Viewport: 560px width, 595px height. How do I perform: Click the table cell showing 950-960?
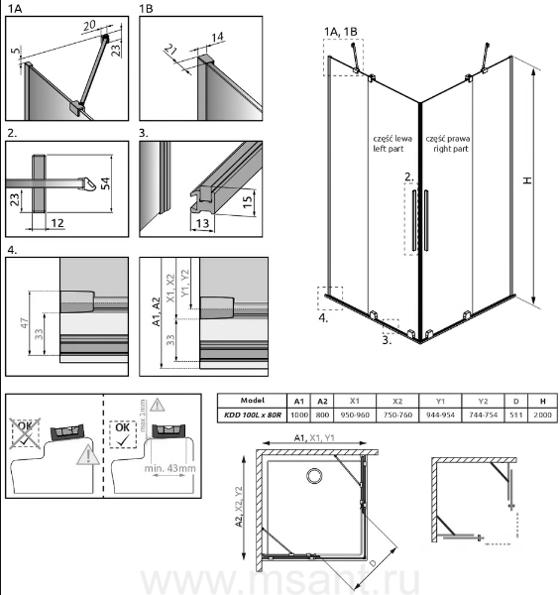coord(355,415)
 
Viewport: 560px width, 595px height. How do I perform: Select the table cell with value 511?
coord(516,415)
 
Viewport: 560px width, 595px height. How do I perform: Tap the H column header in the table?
coord(542,401)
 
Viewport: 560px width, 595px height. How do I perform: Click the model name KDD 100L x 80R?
coord(253,415)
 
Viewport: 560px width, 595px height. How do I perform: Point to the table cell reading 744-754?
coord(483,415)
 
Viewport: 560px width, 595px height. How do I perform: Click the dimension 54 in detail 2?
coord(106,183)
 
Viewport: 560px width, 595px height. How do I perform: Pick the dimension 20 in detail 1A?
coord(89,26)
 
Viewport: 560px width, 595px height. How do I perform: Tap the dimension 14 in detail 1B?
coord(217,38)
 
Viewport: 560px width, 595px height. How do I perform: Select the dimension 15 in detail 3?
coord(247,201)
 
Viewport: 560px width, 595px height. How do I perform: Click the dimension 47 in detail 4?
coord(24,323)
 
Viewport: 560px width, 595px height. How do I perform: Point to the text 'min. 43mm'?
coord(169,468)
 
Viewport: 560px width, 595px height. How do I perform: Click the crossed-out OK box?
coord(26,433)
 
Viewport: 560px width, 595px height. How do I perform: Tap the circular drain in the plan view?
coord(314,475)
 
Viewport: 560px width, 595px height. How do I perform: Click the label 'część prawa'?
coord(448,139)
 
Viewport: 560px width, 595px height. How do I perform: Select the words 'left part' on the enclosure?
coord(389,149)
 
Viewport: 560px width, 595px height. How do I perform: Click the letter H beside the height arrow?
coord(527,180)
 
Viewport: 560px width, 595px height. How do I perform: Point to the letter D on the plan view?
coord(373,563)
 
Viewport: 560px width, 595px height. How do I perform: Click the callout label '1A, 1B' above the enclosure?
coord(341,32)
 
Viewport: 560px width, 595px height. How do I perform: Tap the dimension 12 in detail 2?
coord(57,223)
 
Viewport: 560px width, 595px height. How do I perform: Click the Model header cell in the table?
coord(253,401)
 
